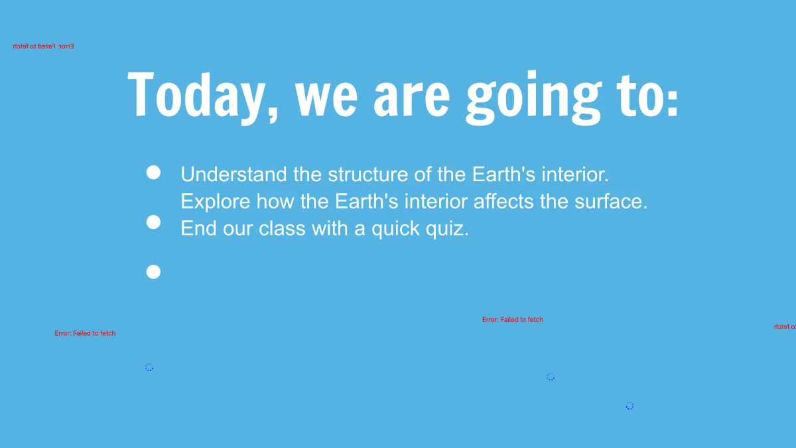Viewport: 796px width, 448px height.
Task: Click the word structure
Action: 367,175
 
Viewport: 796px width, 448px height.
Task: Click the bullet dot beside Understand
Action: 153,173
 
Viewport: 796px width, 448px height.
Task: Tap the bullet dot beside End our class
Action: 153,222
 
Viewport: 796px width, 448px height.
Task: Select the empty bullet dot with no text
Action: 153,271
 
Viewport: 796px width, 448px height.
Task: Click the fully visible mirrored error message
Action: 44,46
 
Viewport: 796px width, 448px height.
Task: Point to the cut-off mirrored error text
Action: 785,327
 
